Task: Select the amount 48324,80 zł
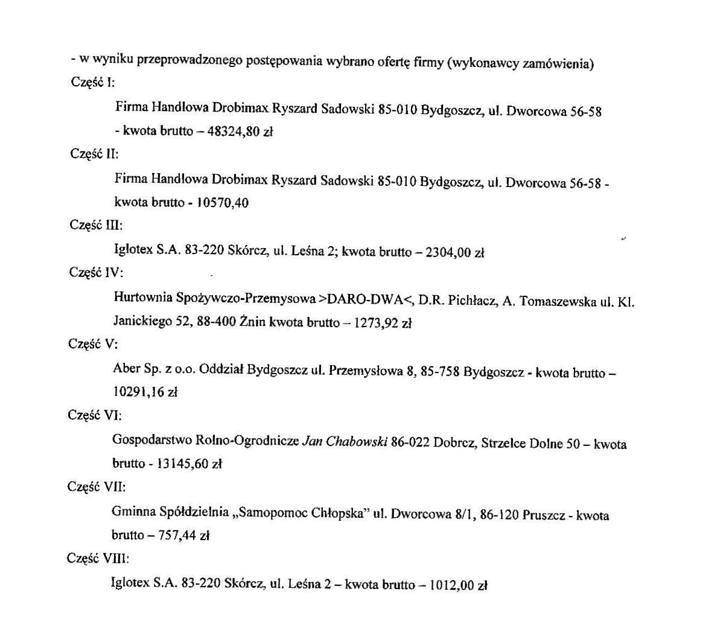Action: tap(240, 131)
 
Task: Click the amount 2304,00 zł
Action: tap(454, 253)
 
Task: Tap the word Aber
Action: tap(127, 369)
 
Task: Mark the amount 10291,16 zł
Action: tap(145, 392)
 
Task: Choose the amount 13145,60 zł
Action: tap(189, 464)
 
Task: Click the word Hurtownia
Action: tap(143, 298)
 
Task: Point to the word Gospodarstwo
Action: tap(153, 440)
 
